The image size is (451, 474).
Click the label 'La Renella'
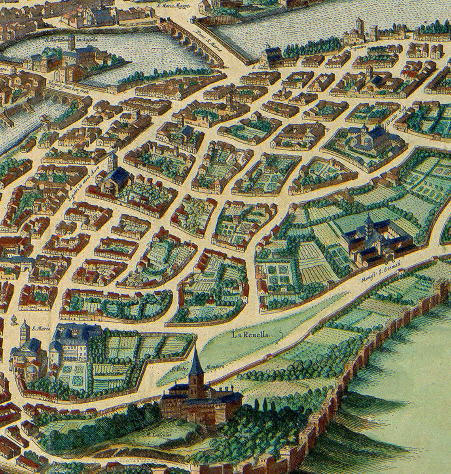click(251, 335)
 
